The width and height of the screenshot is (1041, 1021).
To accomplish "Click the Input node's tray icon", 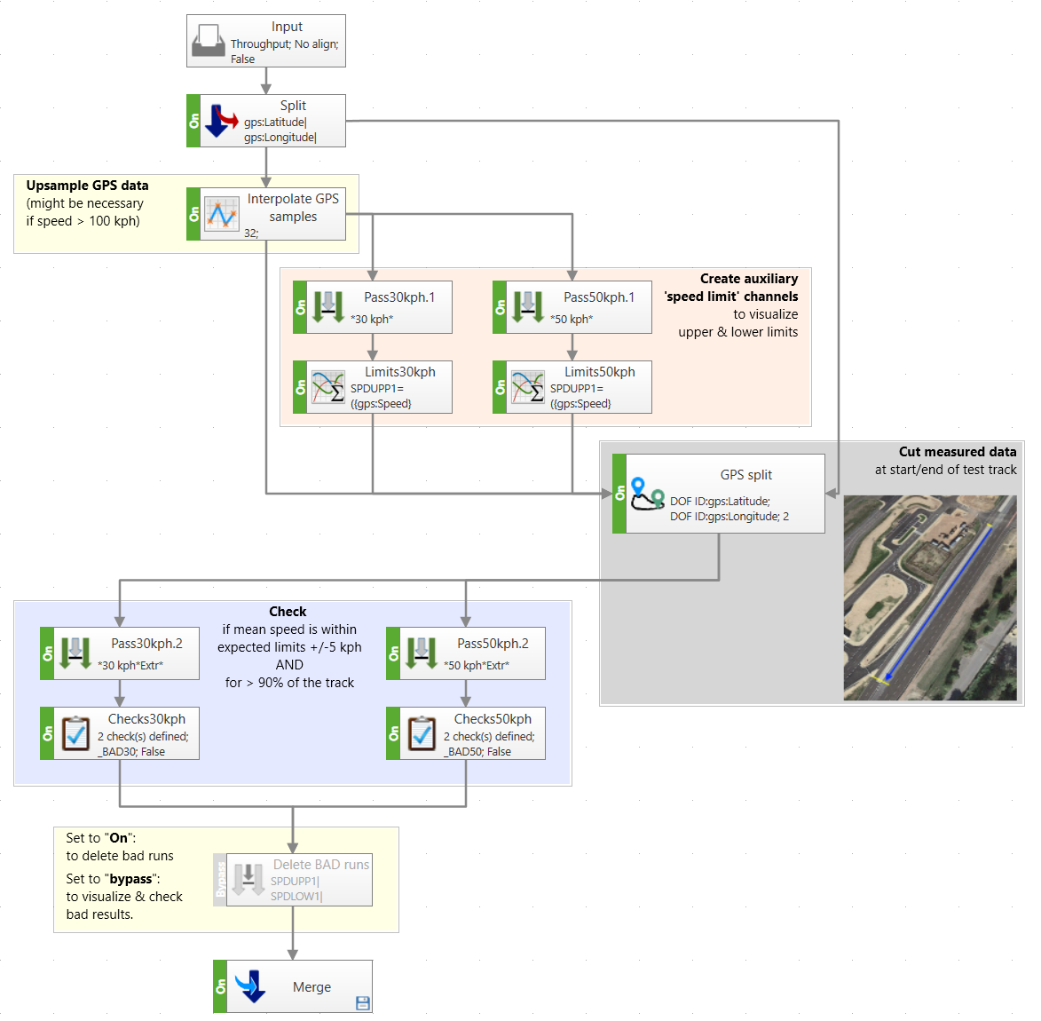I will click(x=209, y=41).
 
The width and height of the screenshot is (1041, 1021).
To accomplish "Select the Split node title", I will click(x=293, y=106).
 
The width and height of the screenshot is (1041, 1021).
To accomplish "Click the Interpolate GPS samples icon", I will click(x=221, y=214).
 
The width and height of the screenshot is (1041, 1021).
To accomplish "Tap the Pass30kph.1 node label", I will click(x=399, y=297).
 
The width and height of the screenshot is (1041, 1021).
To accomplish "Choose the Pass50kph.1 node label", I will click(x=599, y=297).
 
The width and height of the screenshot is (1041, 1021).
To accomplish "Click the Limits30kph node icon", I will click(x=328, y=387).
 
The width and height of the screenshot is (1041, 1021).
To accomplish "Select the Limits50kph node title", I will click(x=600, y=372).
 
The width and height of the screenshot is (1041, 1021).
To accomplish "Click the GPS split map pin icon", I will click(x=647, y=494).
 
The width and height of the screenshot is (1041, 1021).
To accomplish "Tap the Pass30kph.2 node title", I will click(x=146, y=644).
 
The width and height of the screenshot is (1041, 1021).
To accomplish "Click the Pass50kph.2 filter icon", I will click(x=421, y=653).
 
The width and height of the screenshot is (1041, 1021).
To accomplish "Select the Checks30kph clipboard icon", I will click(x=75, y=733).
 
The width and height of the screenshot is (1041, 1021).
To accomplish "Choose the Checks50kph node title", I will click(x=493, y=719).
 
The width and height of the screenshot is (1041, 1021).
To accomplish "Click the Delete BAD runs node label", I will click(x=320, y=865).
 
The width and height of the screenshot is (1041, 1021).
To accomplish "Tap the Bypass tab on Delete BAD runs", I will click(x=220, y=880).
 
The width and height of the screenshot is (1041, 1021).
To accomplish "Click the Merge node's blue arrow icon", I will click(x=250, y=986).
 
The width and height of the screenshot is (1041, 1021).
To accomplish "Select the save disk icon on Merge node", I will click(x=362, y=1003).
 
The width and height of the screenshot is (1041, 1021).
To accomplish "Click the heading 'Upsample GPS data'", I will click(x=87, y=186).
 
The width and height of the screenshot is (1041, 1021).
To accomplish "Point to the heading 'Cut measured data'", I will click(x=957, y=452).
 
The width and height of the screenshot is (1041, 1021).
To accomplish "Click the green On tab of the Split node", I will click(x=193, y=121).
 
